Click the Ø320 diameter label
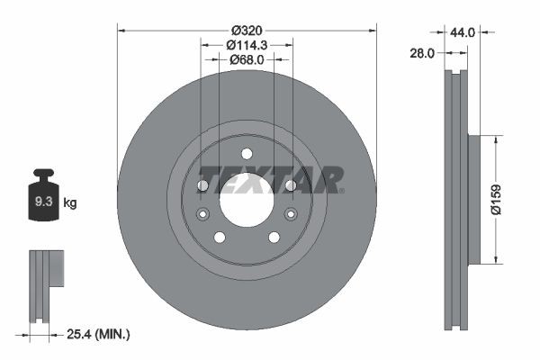pos(247,31)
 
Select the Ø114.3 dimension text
pos(247,45)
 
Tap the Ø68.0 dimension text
pos(247,59)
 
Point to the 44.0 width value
pos(463,32)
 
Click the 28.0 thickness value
pos(422,53)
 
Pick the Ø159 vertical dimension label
pos(496,200)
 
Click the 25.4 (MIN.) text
pos(98,334)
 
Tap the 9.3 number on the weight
pos(44,202)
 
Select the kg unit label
pos(70,202)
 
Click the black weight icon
pos(44,194)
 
